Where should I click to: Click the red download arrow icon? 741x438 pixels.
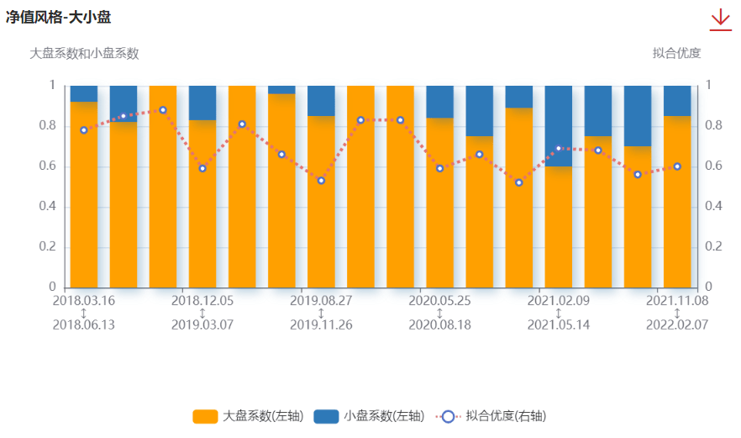point(720,20)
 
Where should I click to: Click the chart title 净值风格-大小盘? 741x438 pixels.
point(58,18)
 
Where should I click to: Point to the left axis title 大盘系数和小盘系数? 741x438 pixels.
point(84,54)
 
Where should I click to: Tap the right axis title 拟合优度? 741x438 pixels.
point(676,53)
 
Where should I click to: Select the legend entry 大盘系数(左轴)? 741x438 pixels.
point(248,416)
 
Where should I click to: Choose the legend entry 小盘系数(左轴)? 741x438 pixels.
point(369,416)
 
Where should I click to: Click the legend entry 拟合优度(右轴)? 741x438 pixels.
point(491,416)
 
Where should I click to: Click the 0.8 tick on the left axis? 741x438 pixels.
point(48,125)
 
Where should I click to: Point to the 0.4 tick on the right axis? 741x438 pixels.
point(713,206)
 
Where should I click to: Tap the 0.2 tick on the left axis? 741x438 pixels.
point(48,246)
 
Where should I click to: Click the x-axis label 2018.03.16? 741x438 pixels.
point(84,301)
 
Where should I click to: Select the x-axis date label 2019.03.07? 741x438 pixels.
point(202,325)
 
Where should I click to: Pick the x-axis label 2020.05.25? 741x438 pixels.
point(439,301)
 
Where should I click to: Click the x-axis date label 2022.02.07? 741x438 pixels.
point(677,325)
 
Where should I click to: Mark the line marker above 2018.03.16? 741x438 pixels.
point(84,130)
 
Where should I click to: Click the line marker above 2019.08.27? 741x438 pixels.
point(321,181)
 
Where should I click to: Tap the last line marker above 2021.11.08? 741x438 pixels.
point(677,166)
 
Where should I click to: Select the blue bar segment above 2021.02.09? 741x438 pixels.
point(559,126)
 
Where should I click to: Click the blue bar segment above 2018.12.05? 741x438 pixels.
point(202,103)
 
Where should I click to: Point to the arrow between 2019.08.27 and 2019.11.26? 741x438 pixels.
point(321,313)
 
